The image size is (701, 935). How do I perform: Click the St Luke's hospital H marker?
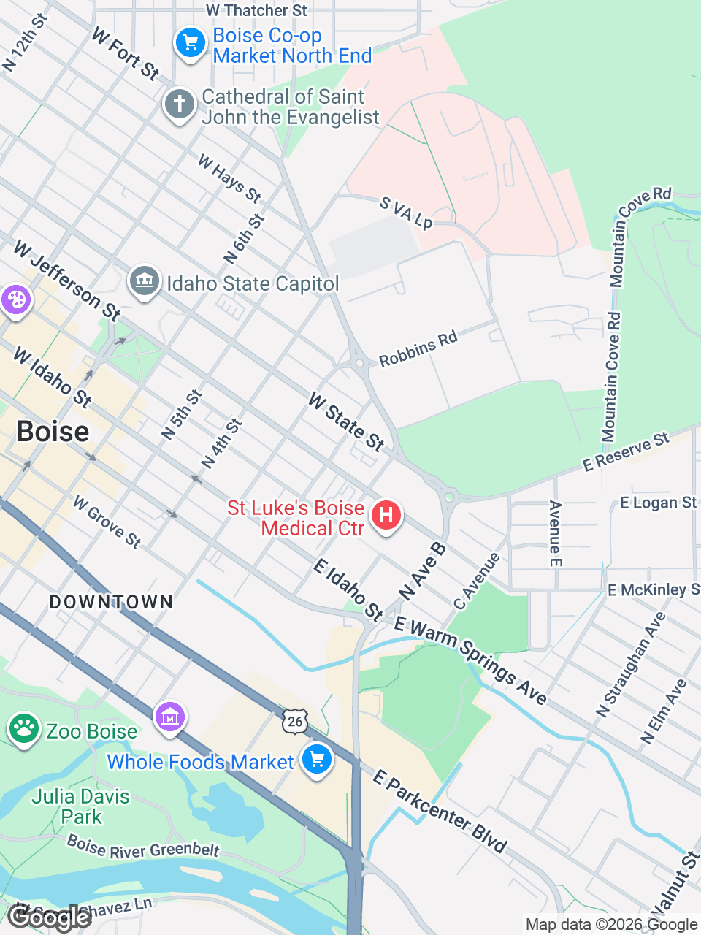tap(386, 516)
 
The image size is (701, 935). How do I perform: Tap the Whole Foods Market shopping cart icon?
tap(316, 760)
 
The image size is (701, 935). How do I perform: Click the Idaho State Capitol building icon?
tap(144, 281)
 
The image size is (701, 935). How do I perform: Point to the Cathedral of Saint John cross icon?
tap(180, 104)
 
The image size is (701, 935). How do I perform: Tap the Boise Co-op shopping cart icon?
tap(191, 43)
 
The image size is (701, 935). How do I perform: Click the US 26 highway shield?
tap(294, 722)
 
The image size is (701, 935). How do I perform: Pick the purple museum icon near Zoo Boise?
tap(170, 717)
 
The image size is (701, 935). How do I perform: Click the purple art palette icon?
tap(15, 299)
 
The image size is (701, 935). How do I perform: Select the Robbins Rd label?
tap(418, 349)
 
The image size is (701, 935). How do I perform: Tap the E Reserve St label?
tap(626, 451)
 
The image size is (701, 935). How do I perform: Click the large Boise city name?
tap(53, 432)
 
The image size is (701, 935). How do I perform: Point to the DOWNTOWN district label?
tap(111, 602)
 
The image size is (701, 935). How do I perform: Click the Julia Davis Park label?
tap(80, 806)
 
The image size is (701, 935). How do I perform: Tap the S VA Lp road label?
tap(406, 212)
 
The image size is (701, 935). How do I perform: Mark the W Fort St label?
tap(126, 53)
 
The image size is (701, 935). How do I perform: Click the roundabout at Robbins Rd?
tap(359, 362)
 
